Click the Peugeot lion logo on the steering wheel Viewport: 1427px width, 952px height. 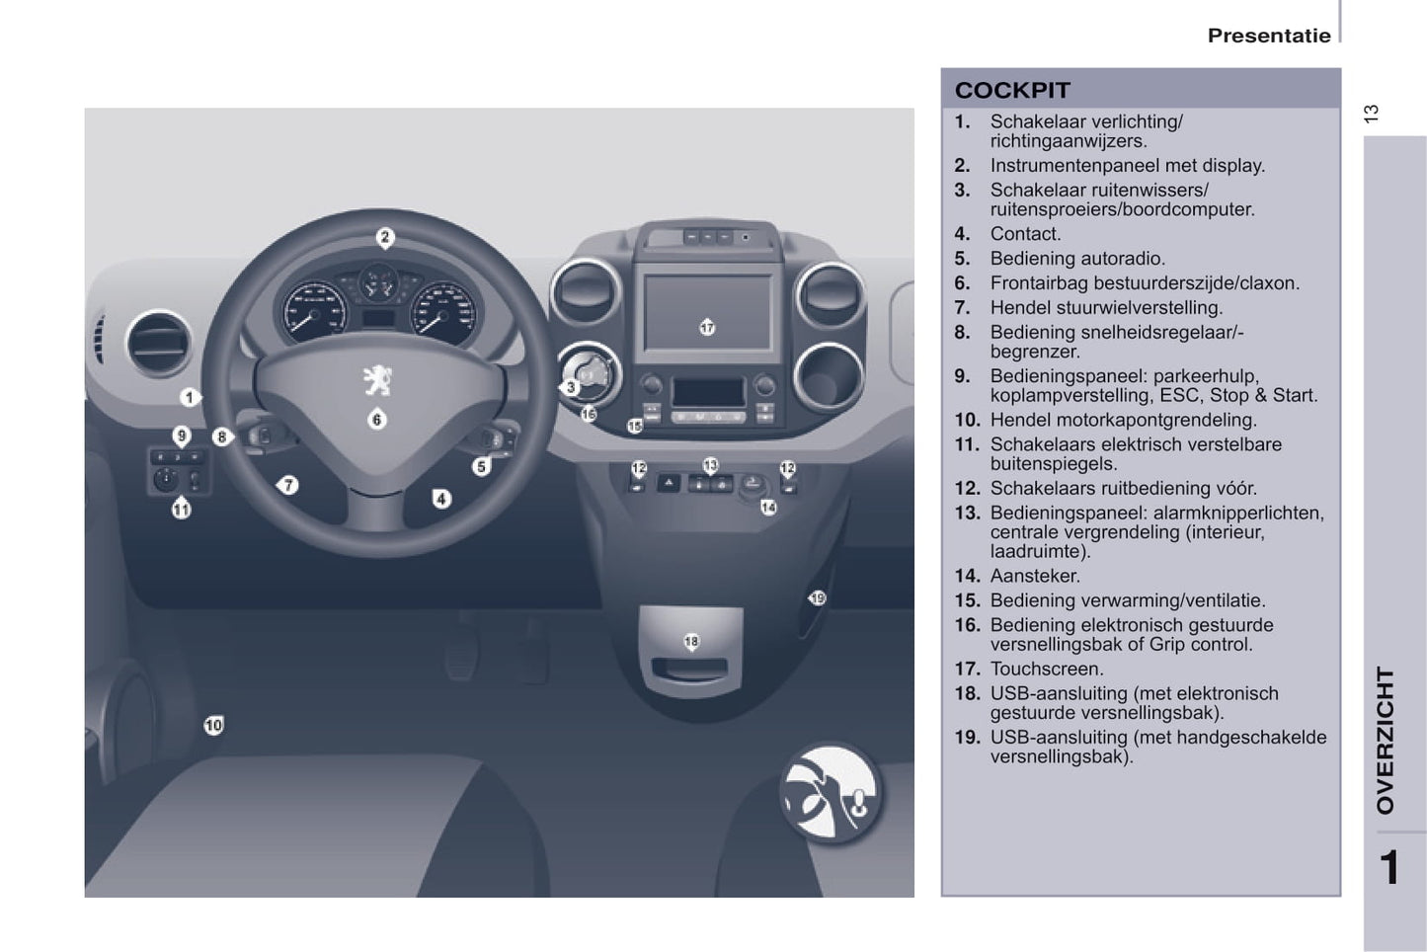click(378, 380)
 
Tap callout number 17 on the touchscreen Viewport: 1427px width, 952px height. click(707, 328)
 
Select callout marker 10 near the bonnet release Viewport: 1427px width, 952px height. click(213, 725)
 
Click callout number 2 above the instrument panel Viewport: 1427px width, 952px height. click(385, 238)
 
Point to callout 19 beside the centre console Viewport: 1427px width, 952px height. click(817, 597)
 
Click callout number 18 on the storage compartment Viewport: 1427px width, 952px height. click(691, 641)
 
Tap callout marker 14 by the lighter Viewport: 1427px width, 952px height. click(768, 508)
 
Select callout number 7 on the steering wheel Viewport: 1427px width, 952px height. click(288, 486)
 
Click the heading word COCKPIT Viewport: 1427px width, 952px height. click(1012, 91)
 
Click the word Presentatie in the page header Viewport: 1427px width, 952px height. click(1269, 36)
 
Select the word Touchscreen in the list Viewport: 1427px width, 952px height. click(1047, 670)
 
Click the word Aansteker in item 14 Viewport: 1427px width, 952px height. click(1035, 576)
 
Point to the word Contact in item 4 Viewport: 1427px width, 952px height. click(1025, 234)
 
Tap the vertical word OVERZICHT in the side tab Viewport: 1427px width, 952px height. click(1385, 741)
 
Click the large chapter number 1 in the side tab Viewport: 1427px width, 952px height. click(1389, 867)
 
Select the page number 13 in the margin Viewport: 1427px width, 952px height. click(1371, 114)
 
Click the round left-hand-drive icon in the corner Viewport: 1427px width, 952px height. click(831, 792)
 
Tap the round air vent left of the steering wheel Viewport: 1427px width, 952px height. click(159, 344)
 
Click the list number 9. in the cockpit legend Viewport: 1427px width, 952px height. click(962, 376)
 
